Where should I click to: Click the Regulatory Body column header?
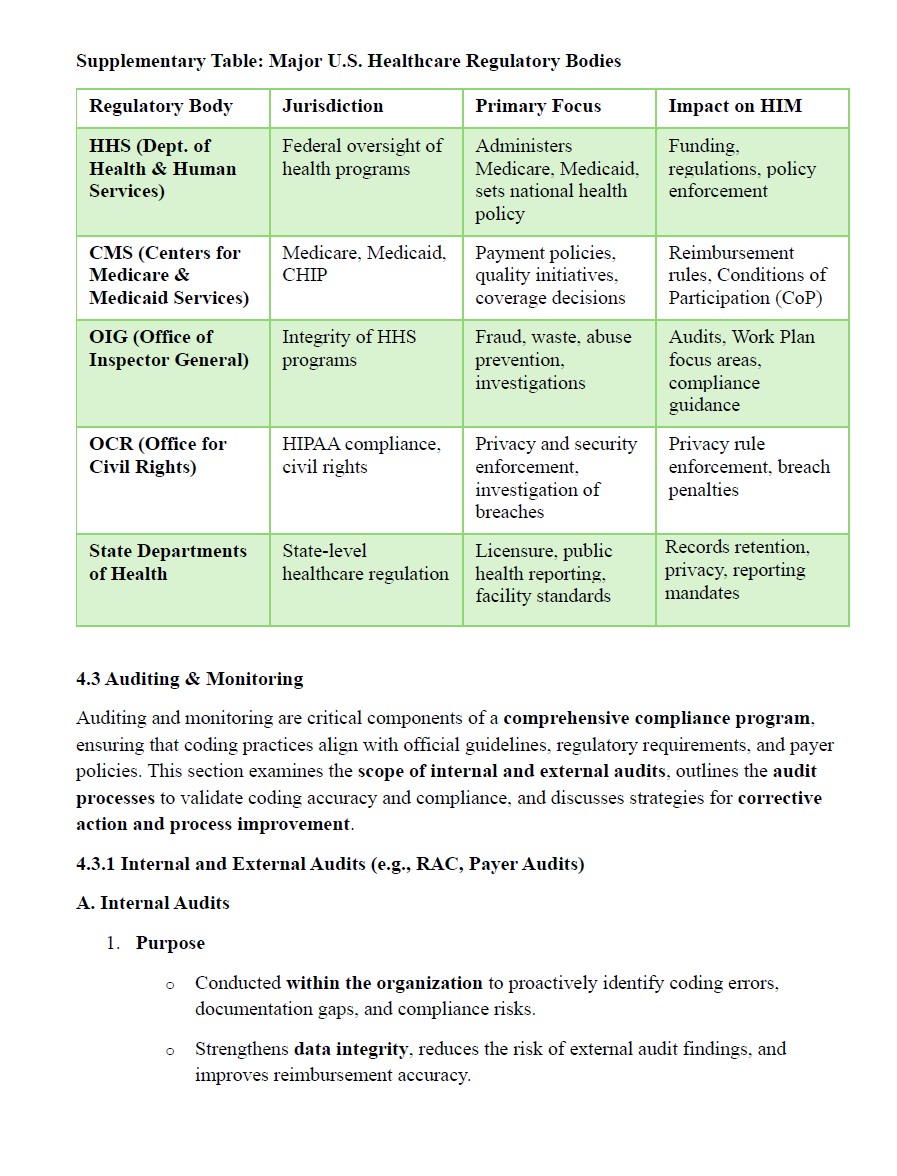(x=161, y=106)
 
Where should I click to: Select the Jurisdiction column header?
(x=332, y=106)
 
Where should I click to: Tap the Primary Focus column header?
(x=538, y=106)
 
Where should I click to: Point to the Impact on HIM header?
(x=735, y=106)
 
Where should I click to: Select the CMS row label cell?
(x=169, y=275)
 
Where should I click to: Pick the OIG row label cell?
(x=169, y=348)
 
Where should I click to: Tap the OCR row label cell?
(x=158, y=455)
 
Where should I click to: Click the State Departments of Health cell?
(x=168, y=562)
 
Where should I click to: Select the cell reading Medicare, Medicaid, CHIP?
(x=364, y=264)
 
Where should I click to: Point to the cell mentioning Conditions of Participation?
(x=747, y=275)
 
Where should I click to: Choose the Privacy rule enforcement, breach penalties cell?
(x=749, y=467)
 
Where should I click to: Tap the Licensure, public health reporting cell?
(x=542, y=573)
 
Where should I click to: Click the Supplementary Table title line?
(x=348, y=61)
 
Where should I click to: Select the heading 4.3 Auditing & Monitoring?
(x=189, y=679)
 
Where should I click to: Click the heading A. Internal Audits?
(x=153, y=903)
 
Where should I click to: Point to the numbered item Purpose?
(x=170, y=943)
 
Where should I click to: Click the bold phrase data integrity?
(x=351, y=1049)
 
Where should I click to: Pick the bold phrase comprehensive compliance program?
(x=658, y=718)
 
